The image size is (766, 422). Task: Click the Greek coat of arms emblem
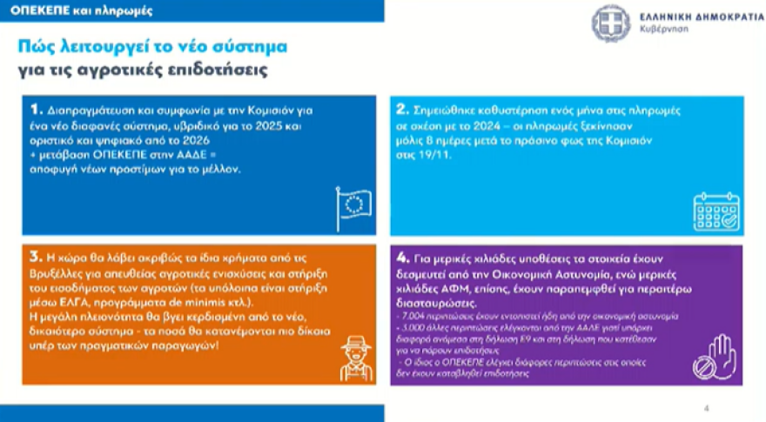coord(611,22)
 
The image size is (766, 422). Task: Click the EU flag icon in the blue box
coord(353,209)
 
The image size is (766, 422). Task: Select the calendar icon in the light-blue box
coord(716,211)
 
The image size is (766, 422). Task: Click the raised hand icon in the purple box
coord(714,359)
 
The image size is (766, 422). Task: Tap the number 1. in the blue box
coord(36,110)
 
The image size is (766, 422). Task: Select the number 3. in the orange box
coord(36,258)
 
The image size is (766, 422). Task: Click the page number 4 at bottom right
coord(707,406)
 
